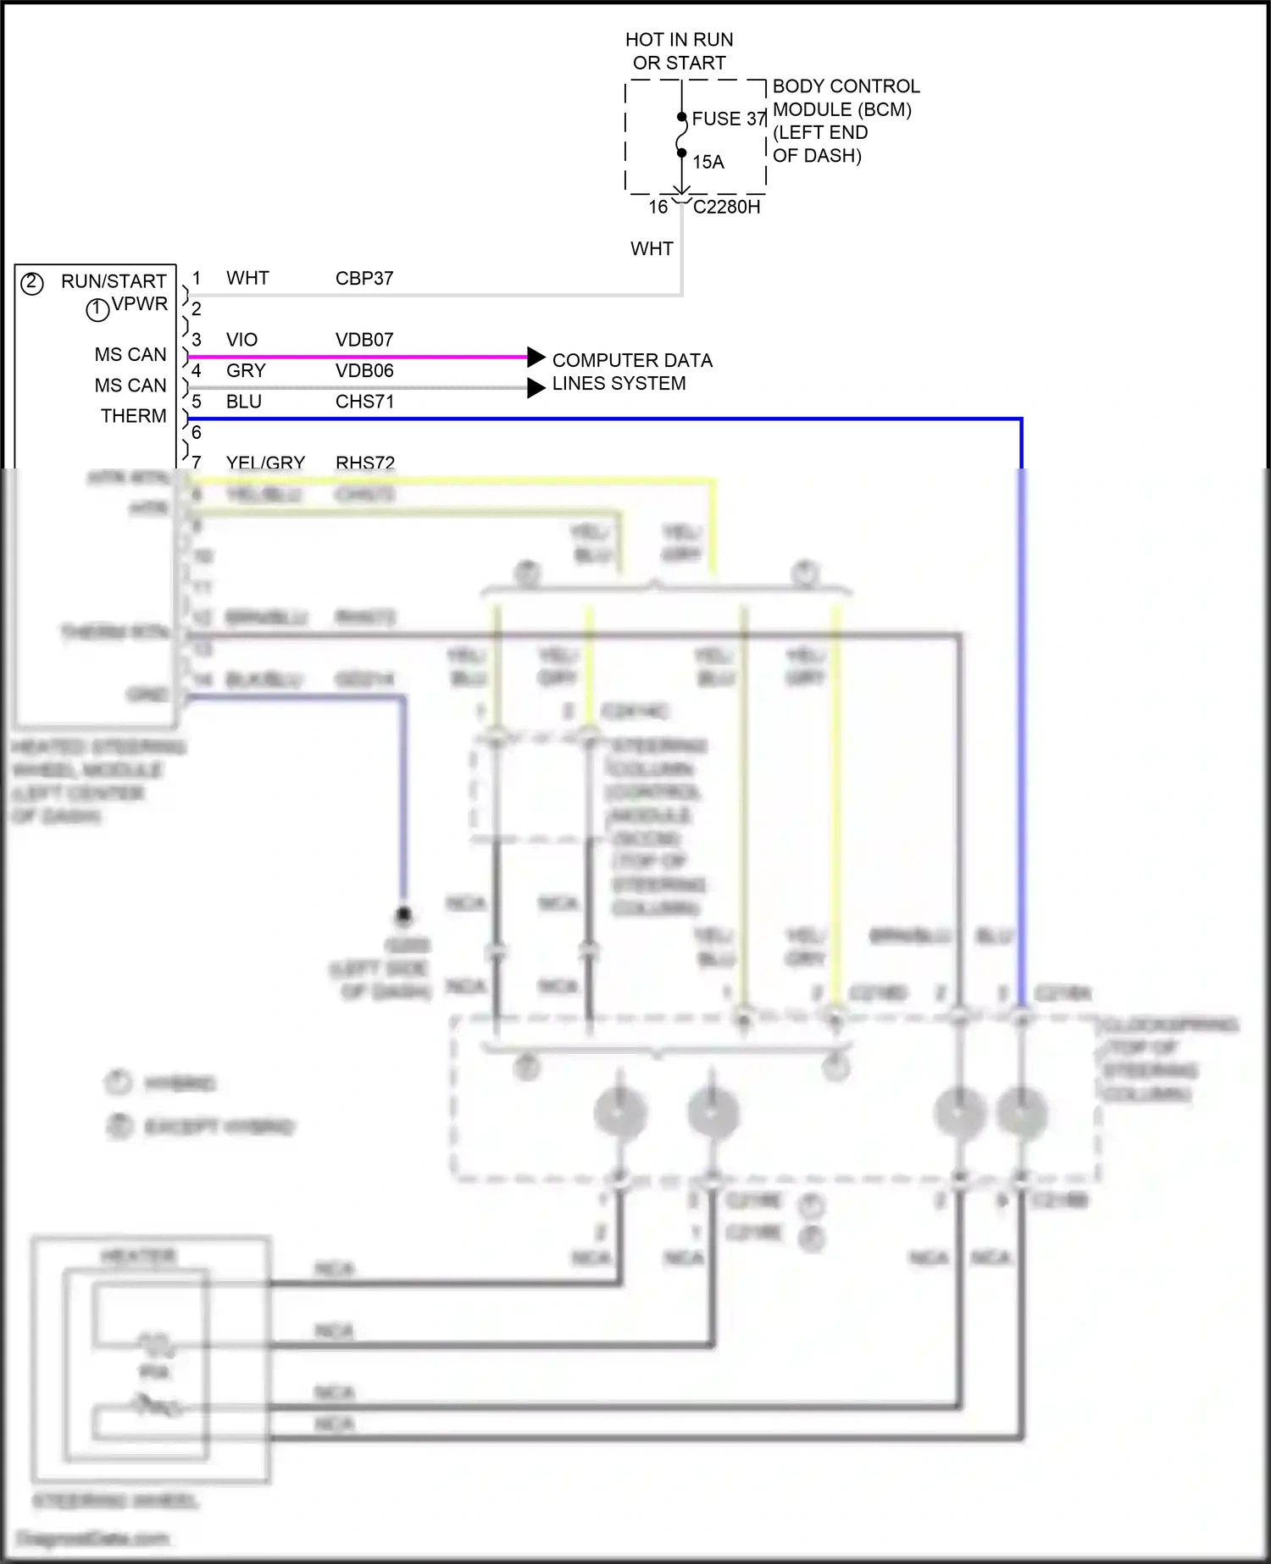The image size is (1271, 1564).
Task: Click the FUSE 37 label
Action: (x=728, y=119)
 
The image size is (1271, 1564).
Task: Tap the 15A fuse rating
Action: (x=708, y=162)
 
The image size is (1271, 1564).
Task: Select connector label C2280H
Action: (x=726, y=207)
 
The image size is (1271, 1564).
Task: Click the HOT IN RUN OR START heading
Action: (x=679, y=51)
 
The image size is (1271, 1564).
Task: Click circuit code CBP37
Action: (x=364, y=278)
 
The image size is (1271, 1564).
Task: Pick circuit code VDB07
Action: (x=364, y=340)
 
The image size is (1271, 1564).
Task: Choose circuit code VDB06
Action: (x=364, y=370)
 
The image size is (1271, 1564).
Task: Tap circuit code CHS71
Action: (x=364, y=402)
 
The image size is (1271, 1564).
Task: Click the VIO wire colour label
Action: (x=241, y=340)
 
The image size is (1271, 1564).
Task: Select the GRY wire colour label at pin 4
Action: (x=246, y=370)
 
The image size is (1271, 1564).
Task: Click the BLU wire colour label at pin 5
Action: (x=244, y=402)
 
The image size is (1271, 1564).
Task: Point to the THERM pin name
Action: (x=133, y=416)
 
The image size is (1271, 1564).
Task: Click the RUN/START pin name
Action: (x=114, y=281)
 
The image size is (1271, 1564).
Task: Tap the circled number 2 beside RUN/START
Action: (x=31, y=283)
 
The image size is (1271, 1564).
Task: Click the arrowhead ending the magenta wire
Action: (x=536, y=357)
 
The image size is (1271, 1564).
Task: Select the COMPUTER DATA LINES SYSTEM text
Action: (x=631, y=372)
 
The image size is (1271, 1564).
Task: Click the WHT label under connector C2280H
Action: (x=652, y=249)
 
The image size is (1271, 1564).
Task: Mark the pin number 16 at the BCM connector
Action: (x=658, y=207)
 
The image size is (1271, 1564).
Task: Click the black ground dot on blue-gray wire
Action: (x=404, y=914)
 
